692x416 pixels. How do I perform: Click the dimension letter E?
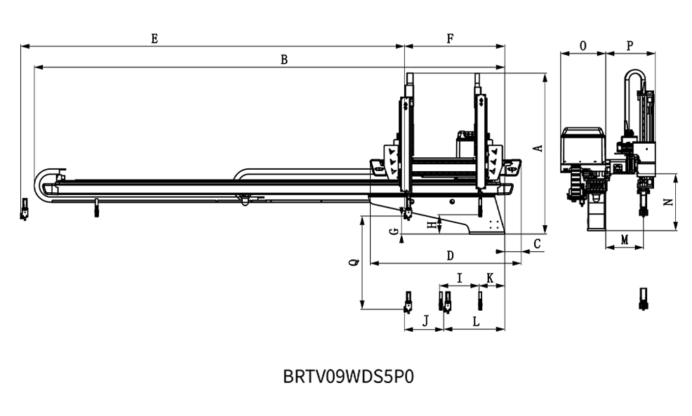click(x=154, y=39)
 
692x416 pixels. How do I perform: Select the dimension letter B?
click(x=284, y=60)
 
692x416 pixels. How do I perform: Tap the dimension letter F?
click(x=450, y=39)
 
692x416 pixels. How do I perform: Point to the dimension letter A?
click(x=538, y=148)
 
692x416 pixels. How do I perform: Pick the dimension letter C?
click(x=537, y=243)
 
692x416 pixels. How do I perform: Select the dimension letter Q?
click(x=354, y=262)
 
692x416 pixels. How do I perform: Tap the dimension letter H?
click(x=431, y=224)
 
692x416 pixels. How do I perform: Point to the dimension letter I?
click(x=459, y=279)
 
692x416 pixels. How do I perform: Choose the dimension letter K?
click(x=490, y=279)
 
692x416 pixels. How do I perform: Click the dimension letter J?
click(x=425, y=321)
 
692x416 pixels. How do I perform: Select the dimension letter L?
click(x=476, y=321)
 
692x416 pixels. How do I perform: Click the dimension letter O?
click(x=583, y=46)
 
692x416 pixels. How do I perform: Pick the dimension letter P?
click(x=630, y=46)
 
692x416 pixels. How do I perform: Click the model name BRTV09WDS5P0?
click(x=348, y=376)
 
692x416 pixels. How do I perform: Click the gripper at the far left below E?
click(x=25, y=209)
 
